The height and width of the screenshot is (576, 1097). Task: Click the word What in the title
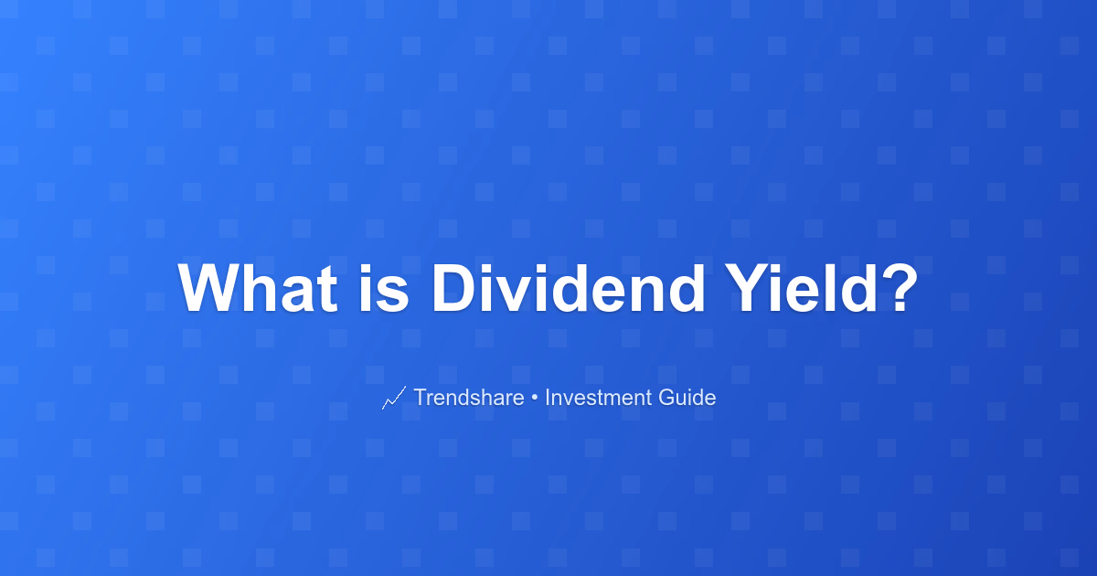point(258,288)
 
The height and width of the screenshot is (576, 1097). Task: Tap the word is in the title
point(384,288)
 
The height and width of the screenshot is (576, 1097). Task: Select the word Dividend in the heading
point(568,288)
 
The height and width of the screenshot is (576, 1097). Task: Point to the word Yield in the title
point(801,288)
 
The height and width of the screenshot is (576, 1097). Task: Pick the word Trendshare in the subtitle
point(469,397)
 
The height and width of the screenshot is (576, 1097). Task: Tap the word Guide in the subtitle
point(687,397)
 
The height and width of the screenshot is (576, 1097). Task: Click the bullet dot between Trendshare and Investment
point(534,399)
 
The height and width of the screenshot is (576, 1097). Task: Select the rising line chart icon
point(394,398)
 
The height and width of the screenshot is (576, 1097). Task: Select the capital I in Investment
point(548,397)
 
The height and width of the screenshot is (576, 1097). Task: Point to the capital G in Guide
point(667,397)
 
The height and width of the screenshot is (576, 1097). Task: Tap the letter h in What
point(262,288)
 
